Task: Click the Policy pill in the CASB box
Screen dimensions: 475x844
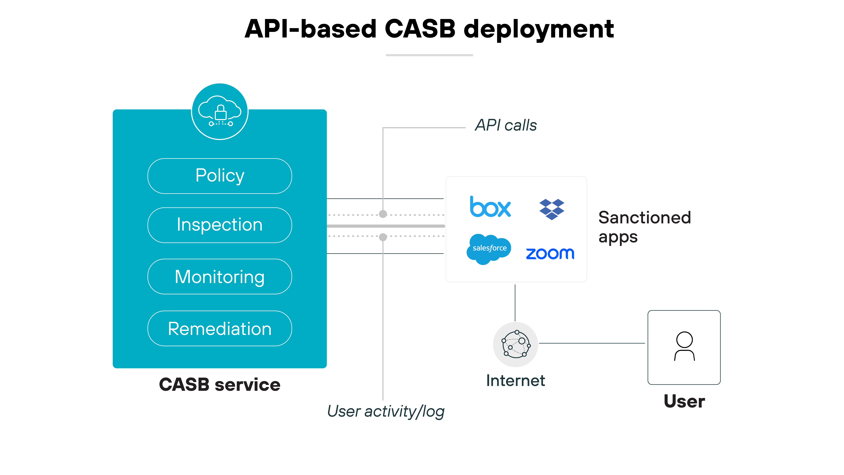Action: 219,176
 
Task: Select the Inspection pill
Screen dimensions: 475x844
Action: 219,225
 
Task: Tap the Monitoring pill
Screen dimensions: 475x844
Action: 219,277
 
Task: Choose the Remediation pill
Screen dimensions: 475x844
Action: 219,328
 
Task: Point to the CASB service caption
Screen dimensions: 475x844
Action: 219,385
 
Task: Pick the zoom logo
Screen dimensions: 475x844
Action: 550,253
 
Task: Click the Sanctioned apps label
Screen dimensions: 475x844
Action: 644,227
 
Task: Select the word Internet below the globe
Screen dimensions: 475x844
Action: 515,381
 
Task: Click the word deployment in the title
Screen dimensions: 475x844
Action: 538,30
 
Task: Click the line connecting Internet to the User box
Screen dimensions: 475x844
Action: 592,343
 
